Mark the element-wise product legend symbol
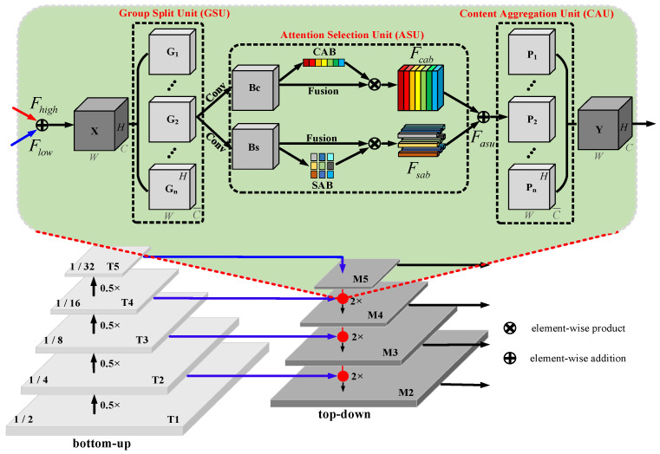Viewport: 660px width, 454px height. click(510, 329)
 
